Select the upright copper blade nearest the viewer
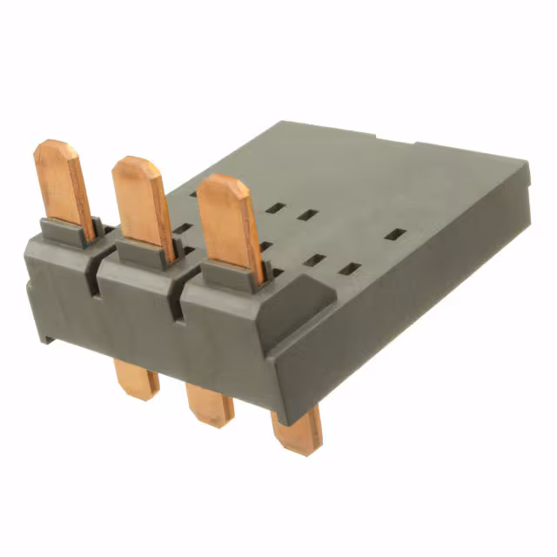[x=230, y=227]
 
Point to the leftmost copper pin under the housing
[x=137, y=381]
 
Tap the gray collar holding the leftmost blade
[x=69, y=232]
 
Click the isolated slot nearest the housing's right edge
[x=395, y=235]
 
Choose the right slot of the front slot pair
[x=349, y=269]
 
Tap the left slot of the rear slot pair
[x=275, y=208]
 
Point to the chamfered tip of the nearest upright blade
[x=217, y=184]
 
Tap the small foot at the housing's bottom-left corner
[x=44, y=331]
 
